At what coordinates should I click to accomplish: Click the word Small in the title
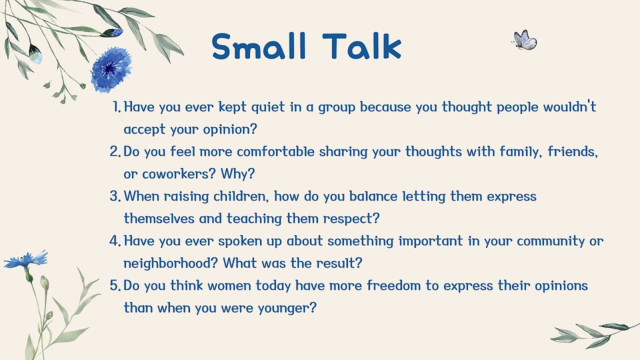click(x=259, y=46)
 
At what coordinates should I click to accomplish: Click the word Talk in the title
click(x=361, y=46)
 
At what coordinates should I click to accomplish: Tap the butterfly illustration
click(x=524, y=40)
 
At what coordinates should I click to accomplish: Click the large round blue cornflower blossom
click(x=111, y=69)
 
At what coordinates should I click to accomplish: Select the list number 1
click(x=116, y=107)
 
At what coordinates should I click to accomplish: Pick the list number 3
click(x=115, y=196)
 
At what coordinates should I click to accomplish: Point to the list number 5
click(x=115, y=285)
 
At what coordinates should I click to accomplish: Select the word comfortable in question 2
click(x=275, y=151)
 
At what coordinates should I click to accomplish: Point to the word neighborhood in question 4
click(x=171, y=263)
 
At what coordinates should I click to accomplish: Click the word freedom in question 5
click(x=393, y=285)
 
